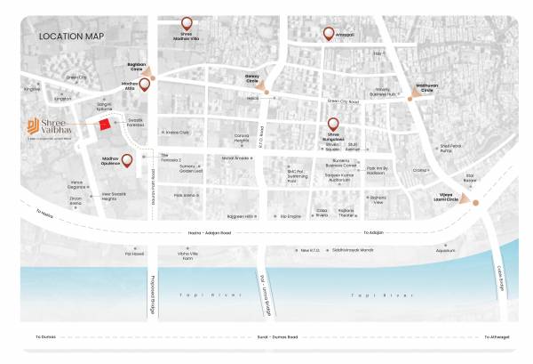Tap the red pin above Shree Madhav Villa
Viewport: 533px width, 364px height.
coord(187,23)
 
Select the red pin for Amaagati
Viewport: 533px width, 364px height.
coord(329,34)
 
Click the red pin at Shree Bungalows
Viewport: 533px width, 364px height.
coord(334,125)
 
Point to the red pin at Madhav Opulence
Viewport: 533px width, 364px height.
coord(128,161)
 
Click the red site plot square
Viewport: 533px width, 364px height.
coord(106,125)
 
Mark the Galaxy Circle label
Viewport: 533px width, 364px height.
coord(257,78)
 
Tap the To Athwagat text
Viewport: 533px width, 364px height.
coord(497,337)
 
